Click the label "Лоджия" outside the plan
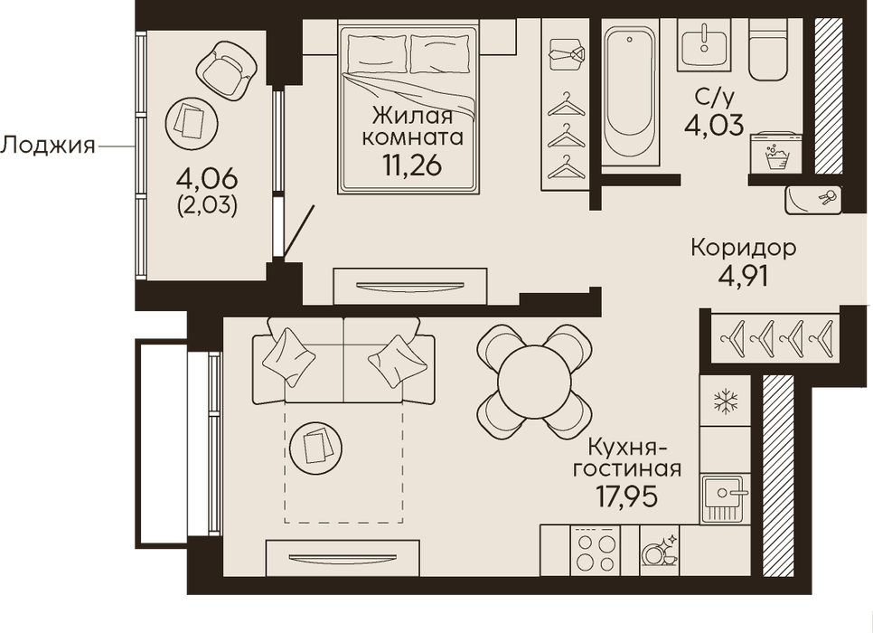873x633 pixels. point(47,146)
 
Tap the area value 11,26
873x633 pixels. point(412,165)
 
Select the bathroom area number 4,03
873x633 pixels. point(714,125)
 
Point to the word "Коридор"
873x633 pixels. point(743,248)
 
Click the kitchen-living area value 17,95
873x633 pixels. point(627,496)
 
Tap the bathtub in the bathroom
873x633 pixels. point(630,92)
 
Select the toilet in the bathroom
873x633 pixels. point(769,49)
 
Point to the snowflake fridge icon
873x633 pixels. point(726,402)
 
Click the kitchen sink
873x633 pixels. point(725,498)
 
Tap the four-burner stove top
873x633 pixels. point(595,551)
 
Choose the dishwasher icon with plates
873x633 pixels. point(660,551)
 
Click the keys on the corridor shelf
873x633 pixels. point(826,199)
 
